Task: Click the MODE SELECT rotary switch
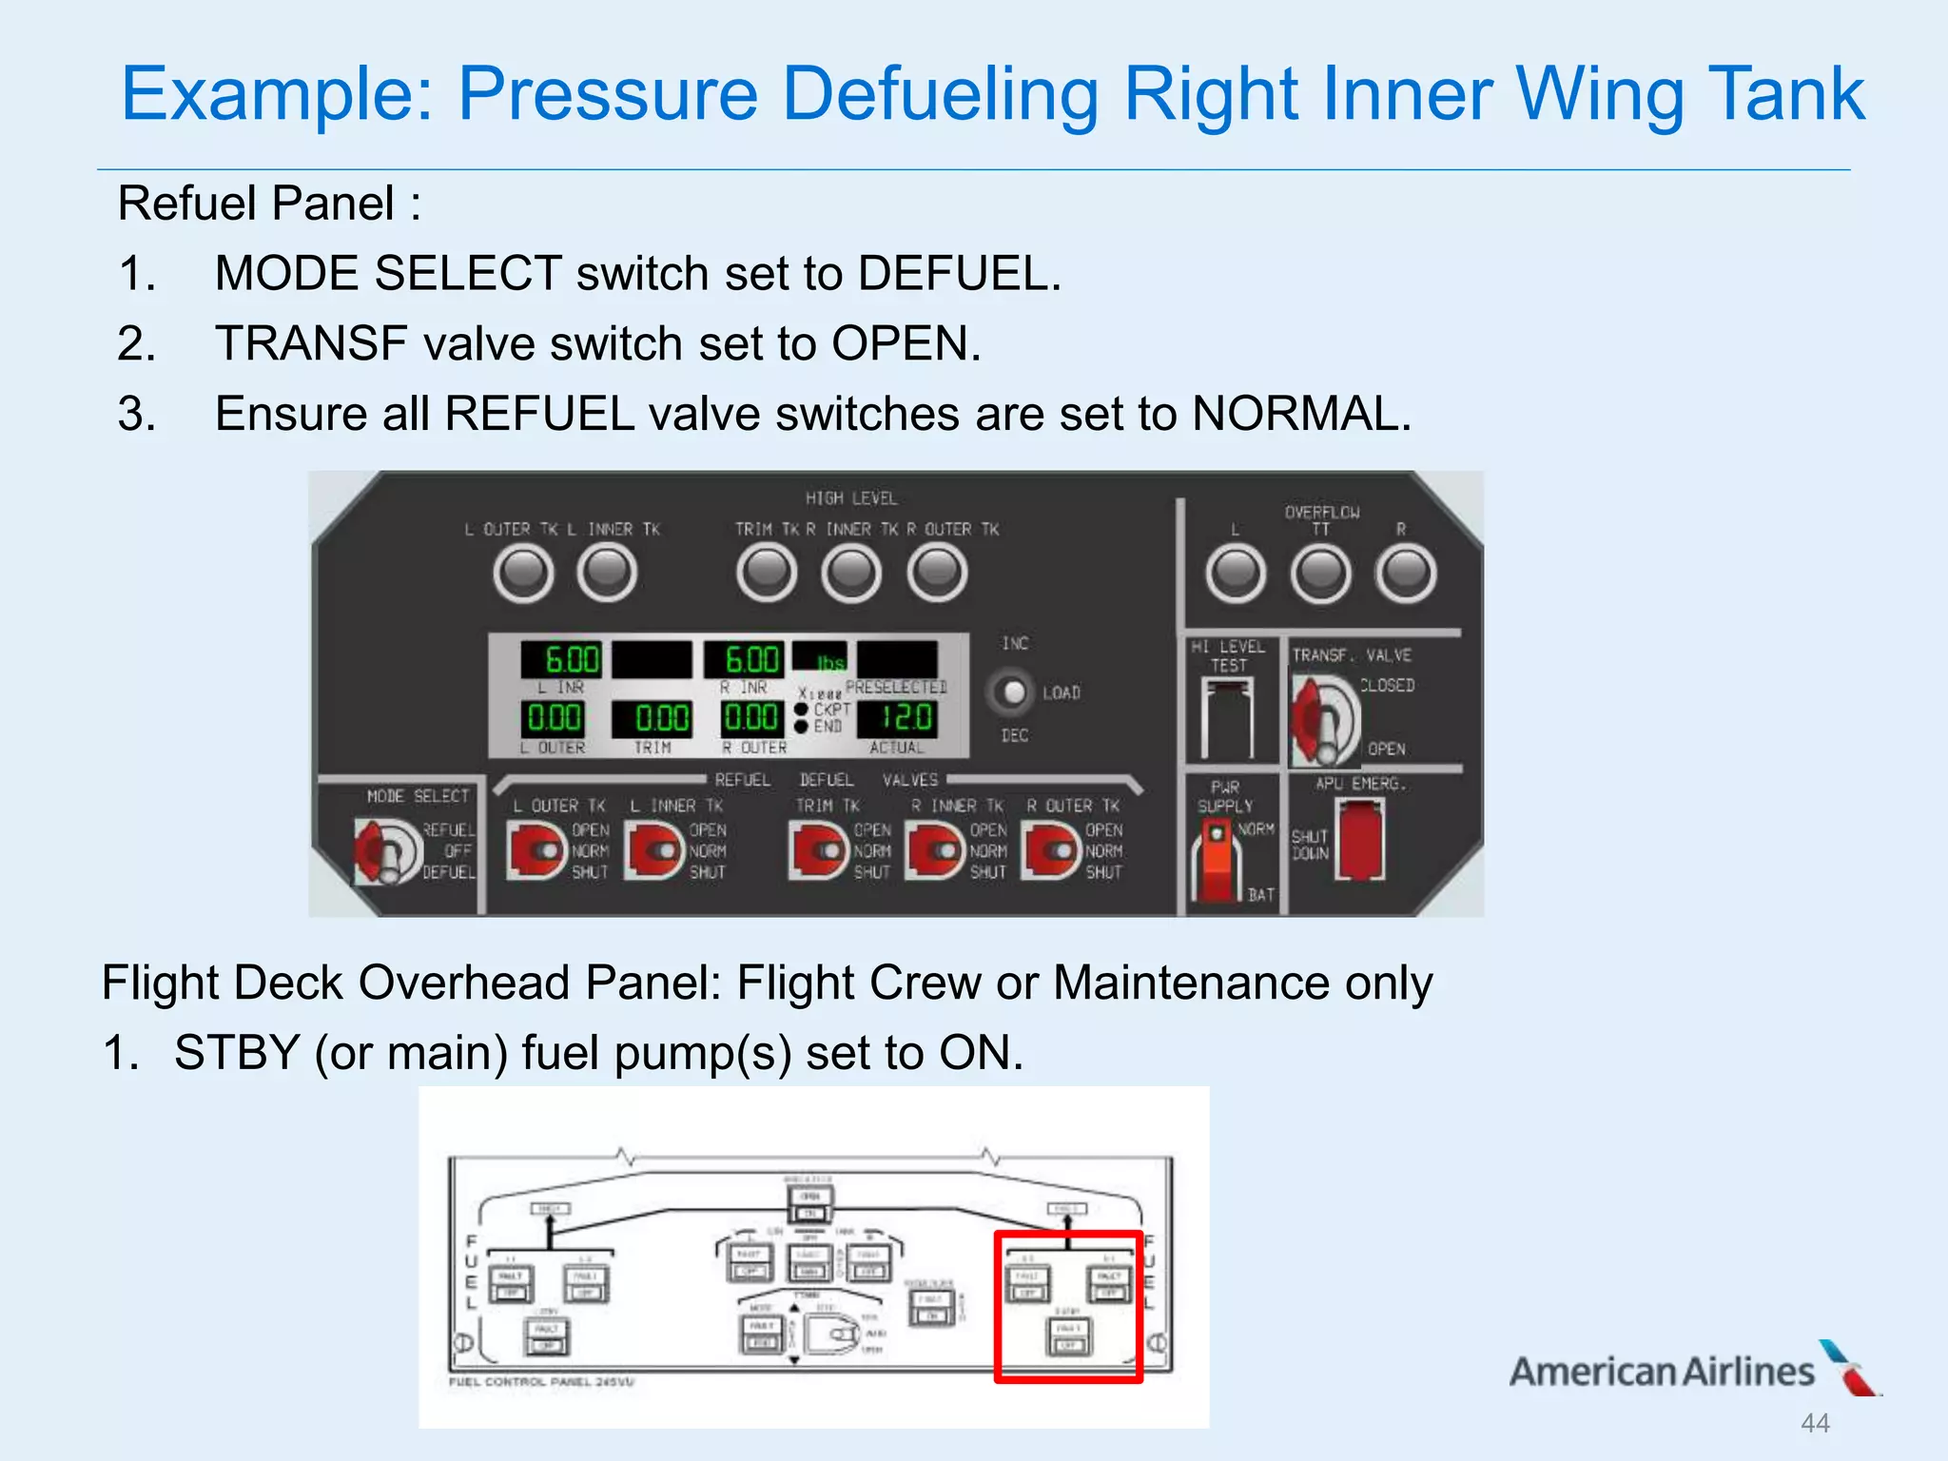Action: pyautogui.click(x=385, y=851)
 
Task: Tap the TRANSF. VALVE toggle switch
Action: pyautogui.click(x=1325, y=721)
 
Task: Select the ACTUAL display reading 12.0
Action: pyautogui.click(x=896, y=718)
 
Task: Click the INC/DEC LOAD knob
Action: pyautogui.click(x=1013, y=692)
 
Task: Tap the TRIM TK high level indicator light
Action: pyautogui.click(x=766, y=574)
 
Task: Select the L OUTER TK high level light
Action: pyautogui.click(x=523, y=574)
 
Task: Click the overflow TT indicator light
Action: pyautogui.click(x=1320, y=574)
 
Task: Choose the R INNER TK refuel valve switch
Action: pyautogui.click(x=936, y=850)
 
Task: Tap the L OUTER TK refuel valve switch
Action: pyautogui.click(x=536, y=850)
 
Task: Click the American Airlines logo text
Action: pyautogui.click(x=1662, y=1372)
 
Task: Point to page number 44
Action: pyautogui.click(x=1815, y=1424)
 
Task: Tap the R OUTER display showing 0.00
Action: pyautogui.click(x=750, y=718)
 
